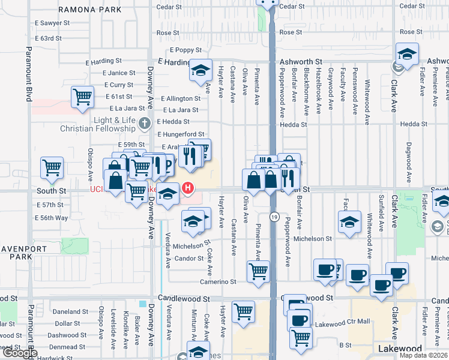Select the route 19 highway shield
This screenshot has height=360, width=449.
click(273, 218)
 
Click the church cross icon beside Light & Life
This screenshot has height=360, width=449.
click(143, 124)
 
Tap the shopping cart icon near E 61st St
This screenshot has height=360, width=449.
click(82, 97)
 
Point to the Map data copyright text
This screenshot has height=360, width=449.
click(423, 355)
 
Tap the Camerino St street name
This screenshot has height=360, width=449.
click(218, 281)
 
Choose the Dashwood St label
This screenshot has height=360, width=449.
click(67, 335)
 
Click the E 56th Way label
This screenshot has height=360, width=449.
click(52, 218)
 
